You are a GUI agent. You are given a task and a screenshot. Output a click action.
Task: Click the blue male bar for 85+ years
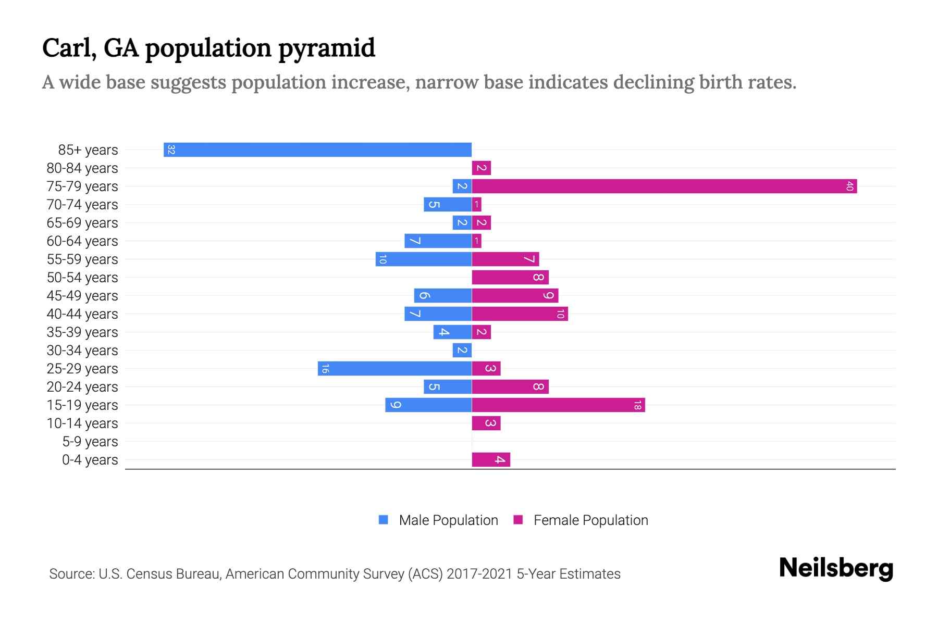pyautogui.click(x=318, y=150)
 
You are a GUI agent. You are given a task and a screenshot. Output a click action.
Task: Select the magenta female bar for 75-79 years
pyautogui.click(x=664, y=186)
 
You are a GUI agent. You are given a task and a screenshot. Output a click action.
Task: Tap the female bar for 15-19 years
pyautogui.click(x=558, y=405)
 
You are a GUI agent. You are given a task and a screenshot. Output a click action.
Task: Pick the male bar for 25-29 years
pyautogui.click(x=395, y=369)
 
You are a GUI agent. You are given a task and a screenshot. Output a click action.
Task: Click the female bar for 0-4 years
pyautogui.click(x=491, y=460)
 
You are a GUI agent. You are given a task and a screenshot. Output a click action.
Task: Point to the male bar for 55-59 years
pyautogui.click(x=424, y=259)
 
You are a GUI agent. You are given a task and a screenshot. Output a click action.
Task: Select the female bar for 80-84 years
pyautogui.click(x=482, y=168)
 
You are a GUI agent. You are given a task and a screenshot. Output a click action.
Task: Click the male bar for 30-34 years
pyautogui.click(x=462, y=351)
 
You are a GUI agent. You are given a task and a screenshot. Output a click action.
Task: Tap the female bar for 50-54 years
pyautogui.click(x=510, y=278)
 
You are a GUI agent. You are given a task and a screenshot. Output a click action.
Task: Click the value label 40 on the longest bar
pyautogui.click(x=849, y=186)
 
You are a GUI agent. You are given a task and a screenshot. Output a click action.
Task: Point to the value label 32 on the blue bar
pyautogui.click(x=171, y=150)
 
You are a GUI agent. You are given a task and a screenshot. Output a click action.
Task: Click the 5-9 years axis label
pyautogui.click(x=90, y=442)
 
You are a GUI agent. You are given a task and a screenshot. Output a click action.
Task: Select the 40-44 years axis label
pyautogui.click(x=82, y=314)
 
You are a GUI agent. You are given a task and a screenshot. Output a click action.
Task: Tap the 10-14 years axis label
pyautogui.click(x=82, y=423)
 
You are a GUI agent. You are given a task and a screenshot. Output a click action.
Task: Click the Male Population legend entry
pyautogui.click(x=439, y=520)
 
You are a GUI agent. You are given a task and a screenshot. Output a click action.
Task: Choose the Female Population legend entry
pyautogui.click(x=581, y=520)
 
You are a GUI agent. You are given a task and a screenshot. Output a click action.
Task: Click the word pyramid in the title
pyautogui.click(x=326, y=48)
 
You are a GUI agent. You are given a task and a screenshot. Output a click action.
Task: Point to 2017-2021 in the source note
pyautogui.click(x=479, y=574)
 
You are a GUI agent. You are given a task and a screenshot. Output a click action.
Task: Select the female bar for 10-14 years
pyautogui.click(x=486, y=423)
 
